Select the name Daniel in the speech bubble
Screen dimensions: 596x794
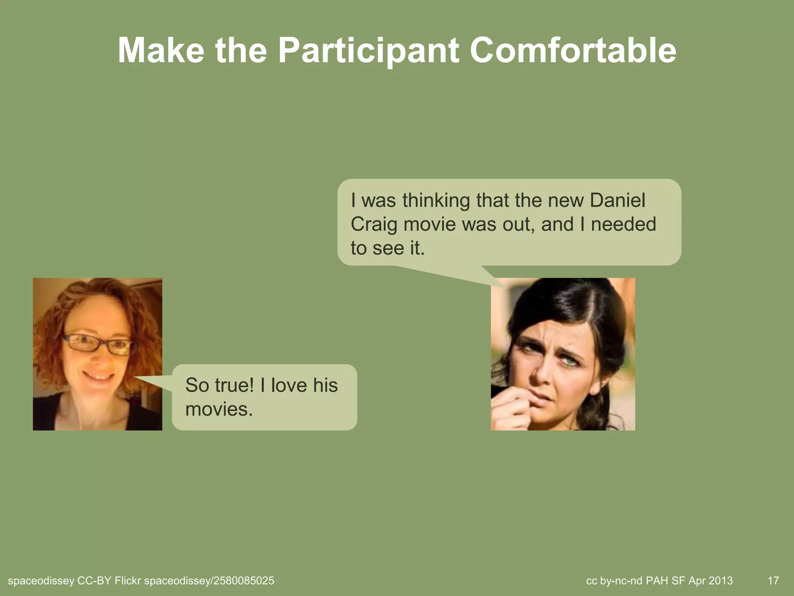[618, 200]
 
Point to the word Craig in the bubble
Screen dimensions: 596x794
[374, 224]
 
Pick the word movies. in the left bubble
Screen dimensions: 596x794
[219, 409]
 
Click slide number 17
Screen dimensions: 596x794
[773, 581]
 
